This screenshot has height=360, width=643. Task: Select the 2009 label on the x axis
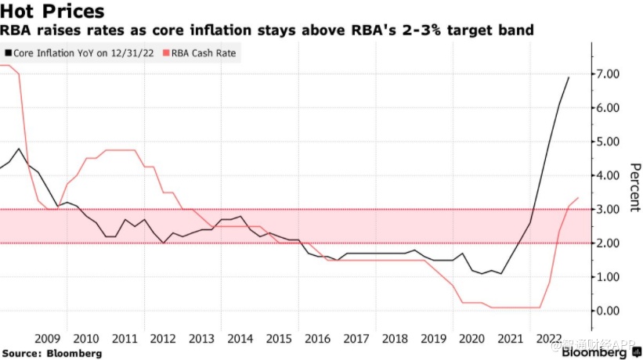coord(48,339)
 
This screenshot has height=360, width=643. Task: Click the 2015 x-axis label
coord(278,339)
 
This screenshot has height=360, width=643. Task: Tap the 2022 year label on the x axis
coord(547,339)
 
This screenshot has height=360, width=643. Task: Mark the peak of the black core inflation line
coord(569,77)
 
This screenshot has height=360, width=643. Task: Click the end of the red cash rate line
coord(578,198)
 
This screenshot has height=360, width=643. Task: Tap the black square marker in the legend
coord(8,54)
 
